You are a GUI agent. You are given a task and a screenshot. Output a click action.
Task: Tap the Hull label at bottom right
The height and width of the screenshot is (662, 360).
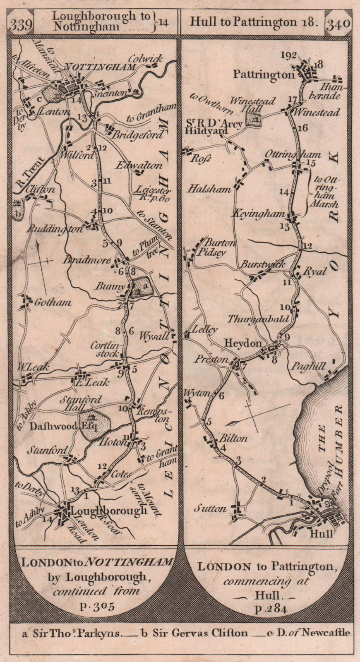322,533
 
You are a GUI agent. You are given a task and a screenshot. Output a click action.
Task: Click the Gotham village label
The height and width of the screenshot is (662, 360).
53,303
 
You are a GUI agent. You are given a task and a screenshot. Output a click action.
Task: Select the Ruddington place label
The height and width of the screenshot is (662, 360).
55,229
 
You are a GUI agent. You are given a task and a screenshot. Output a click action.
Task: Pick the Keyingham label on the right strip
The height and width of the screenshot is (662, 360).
259,214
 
